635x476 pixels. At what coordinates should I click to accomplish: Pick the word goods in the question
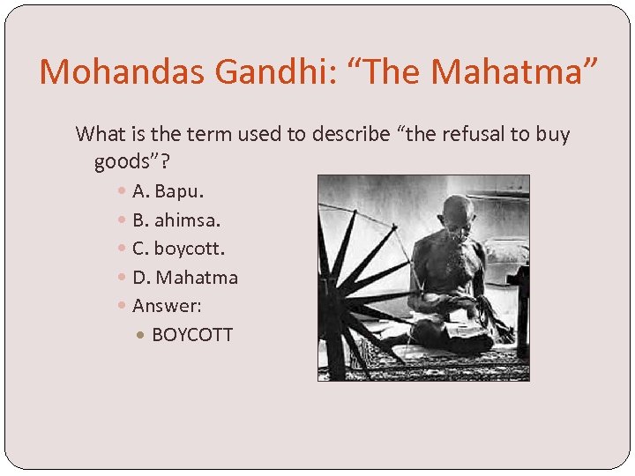pyautogui.click(x=119, y=162)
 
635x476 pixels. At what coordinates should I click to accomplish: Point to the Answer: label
pyautogui.click(x=167, y=306)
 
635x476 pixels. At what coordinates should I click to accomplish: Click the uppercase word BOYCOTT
pyautogui.click(x=192, y=335)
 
